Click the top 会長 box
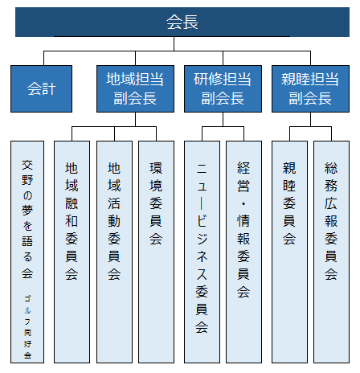[182, 22]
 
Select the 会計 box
[41, 88]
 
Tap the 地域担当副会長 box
[135, 88]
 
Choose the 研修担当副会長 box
[223, 88]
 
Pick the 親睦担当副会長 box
[310, 88]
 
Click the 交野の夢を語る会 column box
[27, 252]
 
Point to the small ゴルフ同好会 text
[27, 327]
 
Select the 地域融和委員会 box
[72, 252]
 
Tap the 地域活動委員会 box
[114, 252]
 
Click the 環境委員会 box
[156, 252]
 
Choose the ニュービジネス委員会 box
[202, 252]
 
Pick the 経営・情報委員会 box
[243, 252]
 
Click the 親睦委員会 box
[289, 252]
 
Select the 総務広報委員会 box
[331, 252]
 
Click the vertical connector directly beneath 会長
[174, 43]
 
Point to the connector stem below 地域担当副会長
[135, 119]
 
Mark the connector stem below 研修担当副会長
[223, 119]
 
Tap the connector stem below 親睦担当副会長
[310, 119]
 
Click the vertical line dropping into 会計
[43, 58]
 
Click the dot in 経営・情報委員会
[243, 204]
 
